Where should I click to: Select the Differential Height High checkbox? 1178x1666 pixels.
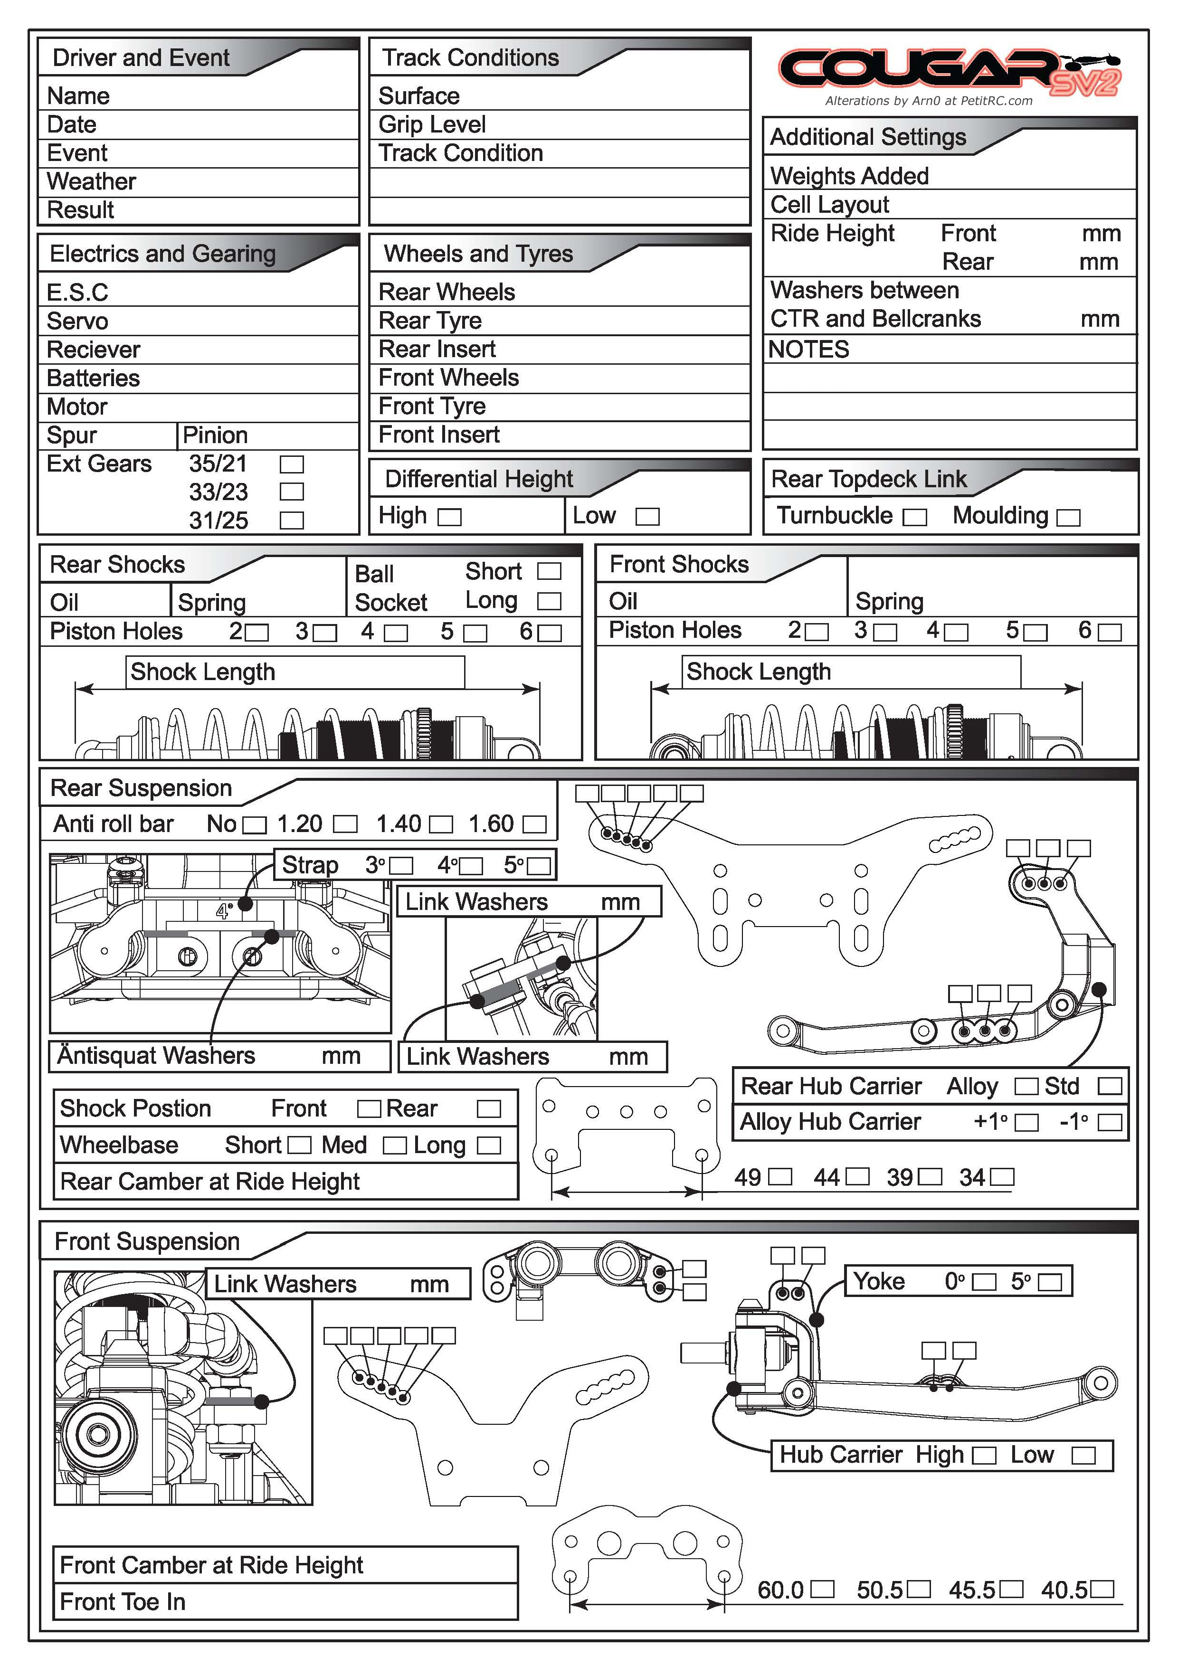click(450, 517)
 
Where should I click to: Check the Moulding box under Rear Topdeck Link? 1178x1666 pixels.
click(1068, 517)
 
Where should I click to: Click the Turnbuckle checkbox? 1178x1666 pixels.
click(914, 517)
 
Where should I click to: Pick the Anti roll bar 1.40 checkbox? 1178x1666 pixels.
click(441, 825)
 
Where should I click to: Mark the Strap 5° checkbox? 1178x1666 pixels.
click(539, 866)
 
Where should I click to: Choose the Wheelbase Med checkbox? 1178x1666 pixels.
click(394, 1146)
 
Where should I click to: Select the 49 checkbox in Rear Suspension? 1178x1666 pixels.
click(780, 1177)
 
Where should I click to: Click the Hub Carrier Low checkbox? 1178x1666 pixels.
click(1083, 1456)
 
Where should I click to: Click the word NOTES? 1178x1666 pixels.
click(808, 350)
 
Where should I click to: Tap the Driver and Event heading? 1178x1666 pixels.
click(141, 58)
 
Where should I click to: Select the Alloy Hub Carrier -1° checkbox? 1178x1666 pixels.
click(1109, 1123)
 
